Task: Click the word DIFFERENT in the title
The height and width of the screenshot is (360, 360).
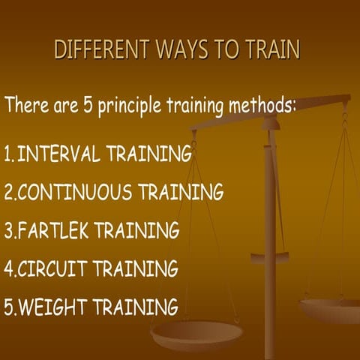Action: (100, 50)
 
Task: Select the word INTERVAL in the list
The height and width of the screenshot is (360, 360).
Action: (60, 154)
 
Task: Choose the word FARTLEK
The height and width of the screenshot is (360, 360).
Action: (61, 230)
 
